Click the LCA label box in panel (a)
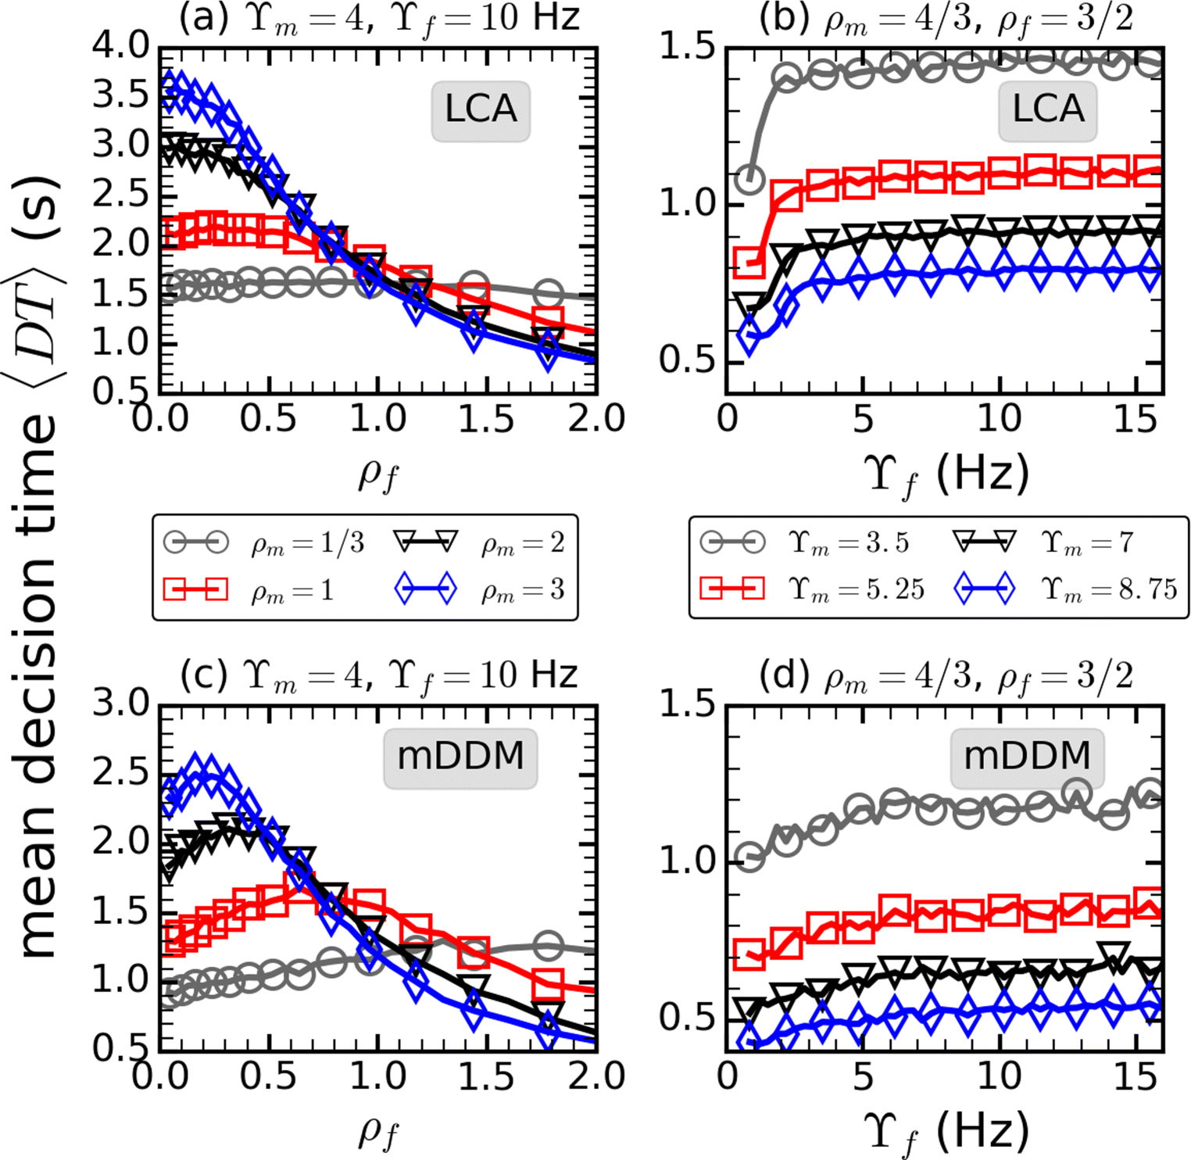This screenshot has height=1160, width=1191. point(481,110)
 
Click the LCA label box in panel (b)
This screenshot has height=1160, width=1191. point(1048,110)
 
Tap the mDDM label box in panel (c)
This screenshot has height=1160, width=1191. point(460,757)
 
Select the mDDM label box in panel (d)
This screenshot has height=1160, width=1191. point(1027,757)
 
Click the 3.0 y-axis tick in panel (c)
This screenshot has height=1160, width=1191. point(120,704)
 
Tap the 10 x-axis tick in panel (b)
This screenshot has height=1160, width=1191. point(999,420)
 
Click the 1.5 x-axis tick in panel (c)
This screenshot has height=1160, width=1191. point(486,1077)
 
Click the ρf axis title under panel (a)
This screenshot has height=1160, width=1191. point(379,474)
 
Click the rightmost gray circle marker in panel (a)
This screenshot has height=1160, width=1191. point(549,294)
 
